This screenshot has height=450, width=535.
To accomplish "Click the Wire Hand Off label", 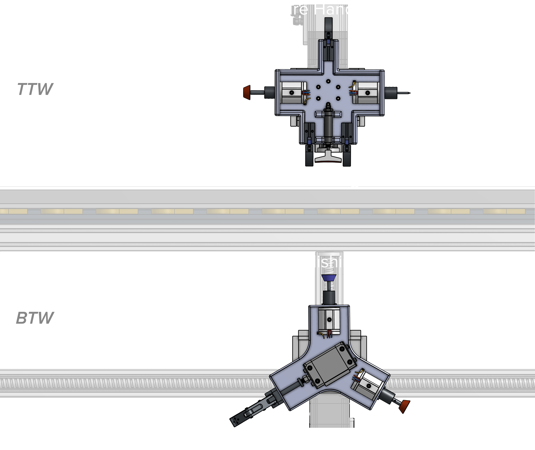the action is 328,9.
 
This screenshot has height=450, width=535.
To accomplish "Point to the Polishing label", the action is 327,262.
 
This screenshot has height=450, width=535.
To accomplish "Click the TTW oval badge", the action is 35,89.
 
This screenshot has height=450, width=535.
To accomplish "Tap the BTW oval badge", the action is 35,318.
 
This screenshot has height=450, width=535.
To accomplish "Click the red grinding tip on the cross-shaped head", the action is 246,92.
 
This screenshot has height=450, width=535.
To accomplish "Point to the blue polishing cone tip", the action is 329,278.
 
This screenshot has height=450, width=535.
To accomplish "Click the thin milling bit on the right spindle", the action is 403,93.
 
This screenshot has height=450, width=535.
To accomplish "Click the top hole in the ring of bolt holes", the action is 328,81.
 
